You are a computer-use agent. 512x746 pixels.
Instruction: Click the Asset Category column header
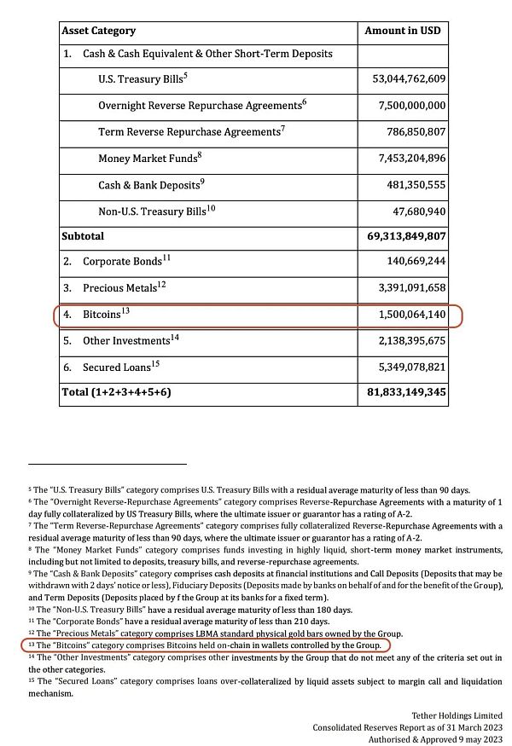tap(98, 31)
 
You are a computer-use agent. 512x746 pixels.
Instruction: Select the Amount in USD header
tap(403, 31)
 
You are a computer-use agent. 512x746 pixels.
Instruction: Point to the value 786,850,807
tap(409, 132)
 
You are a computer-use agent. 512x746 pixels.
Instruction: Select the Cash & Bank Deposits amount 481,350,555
tap(409, 185)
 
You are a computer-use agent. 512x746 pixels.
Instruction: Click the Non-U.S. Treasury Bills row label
tap(150, 211)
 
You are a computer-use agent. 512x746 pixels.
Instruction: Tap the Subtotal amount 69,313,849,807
tap(403, 236)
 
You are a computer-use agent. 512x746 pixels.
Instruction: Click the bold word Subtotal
tap(83, 236)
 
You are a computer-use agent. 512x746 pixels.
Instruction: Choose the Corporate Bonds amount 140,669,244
tap(409, 262)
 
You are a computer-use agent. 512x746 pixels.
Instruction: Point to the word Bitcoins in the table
tap(101, 315)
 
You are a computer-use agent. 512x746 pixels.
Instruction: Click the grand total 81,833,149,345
tap(403, 393)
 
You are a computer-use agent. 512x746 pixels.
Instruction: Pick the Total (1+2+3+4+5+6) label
tap(117, 393)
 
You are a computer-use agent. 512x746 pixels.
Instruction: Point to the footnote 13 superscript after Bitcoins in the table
tap(125, 311)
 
